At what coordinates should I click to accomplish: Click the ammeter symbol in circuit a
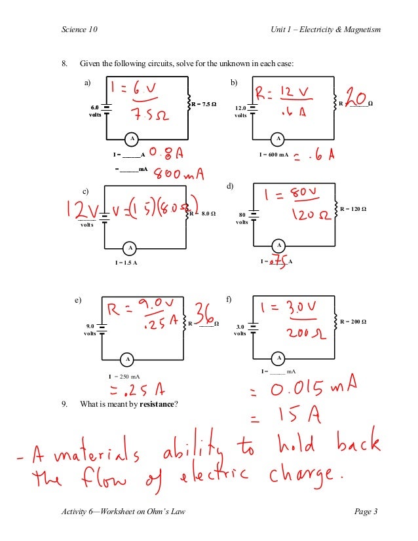[132, 139]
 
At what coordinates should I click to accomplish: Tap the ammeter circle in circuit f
[279, 358]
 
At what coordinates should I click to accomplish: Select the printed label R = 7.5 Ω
[203, 104]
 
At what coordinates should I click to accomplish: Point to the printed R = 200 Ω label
[353, 322]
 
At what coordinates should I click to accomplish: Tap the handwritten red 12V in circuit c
[81, 210]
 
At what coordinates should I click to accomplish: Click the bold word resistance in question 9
[159, 404]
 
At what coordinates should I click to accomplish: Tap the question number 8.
[64, 64]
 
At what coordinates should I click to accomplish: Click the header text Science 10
[79, 30]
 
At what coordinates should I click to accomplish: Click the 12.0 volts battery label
[240, 111]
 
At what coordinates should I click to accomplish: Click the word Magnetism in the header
[360, 30]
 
